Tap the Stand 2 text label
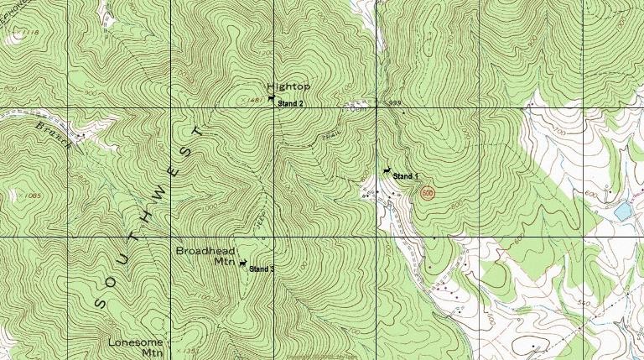[290, 103]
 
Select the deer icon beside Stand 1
[385, 172]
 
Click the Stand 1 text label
[406, 177]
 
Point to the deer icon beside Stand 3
[242, 264]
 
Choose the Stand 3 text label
[262, 269]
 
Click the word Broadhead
[205, 251]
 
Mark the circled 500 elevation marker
[428, 193]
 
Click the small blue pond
[622, 211]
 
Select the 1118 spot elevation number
[31, 32]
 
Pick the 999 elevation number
[396, 103]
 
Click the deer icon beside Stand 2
[271, 100]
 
